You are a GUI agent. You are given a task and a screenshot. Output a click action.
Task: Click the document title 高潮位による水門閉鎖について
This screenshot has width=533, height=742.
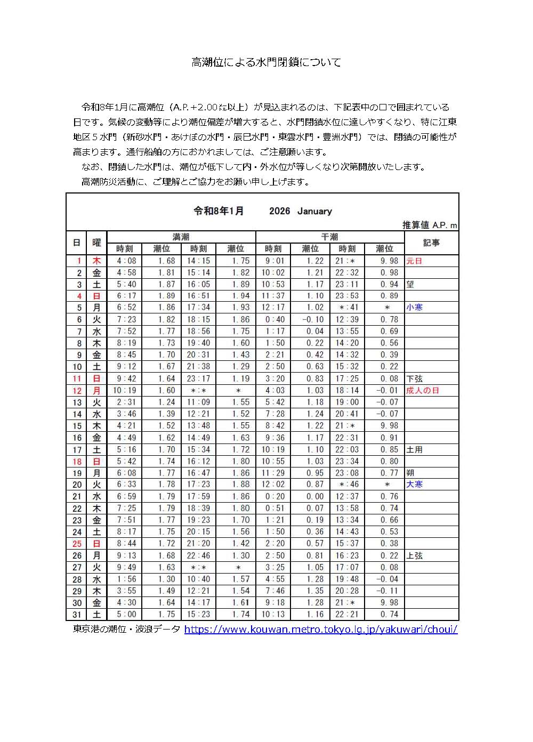click(x=266, y=62)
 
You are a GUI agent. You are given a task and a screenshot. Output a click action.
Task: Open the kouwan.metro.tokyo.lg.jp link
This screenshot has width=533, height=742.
click(x=320, y=630)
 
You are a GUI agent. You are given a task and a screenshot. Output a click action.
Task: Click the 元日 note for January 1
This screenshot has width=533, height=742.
click(x=414, y=261)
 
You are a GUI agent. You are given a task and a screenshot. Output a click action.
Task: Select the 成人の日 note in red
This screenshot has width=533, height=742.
click(x=423, y=391)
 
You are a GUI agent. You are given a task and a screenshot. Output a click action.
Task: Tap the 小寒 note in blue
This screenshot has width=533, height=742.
click(x=414, y=308)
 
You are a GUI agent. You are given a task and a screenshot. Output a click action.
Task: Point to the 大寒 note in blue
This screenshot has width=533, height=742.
click(x=414, y=485)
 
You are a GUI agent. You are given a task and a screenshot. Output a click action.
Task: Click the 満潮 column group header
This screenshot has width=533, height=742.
click(x=181, y=237)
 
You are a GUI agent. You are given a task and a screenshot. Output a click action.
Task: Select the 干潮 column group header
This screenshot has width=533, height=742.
click(x=329, y=237)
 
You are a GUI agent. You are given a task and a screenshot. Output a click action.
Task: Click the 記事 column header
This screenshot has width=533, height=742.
click(x=431, y=243)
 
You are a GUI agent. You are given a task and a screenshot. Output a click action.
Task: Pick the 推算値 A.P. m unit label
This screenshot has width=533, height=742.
click(x=430, y=225)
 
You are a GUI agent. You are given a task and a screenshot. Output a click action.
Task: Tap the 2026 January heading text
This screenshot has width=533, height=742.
click(x=301, y=211)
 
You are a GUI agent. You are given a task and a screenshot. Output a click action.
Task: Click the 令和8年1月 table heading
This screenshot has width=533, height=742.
click(x=219, y=211)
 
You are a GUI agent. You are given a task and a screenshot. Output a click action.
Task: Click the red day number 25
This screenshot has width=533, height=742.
click(x=77, y=544)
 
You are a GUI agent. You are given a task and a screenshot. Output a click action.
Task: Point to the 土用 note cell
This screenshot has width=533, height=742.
click(x=414, y=449)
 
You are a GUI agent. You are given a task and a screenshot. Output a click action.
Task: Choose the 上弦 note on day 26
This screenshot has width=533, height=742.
click(x=414, y=555)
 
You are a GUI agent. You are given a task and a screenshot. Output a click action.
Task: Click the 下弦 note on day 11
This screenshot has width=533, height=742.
click(x=414, y=379)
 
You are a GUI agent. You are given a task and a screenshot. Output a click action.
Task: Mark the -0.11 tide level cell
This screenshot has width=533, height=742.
click(x=387, y=591)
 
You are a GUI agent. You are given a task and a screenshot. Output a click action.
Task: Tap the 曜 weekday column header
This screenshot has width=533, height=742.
click(x=96, y=243)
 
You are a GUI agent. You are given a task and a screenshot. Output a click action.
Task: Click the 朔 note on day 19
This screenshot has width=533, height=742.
click(x=410, y=473)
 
